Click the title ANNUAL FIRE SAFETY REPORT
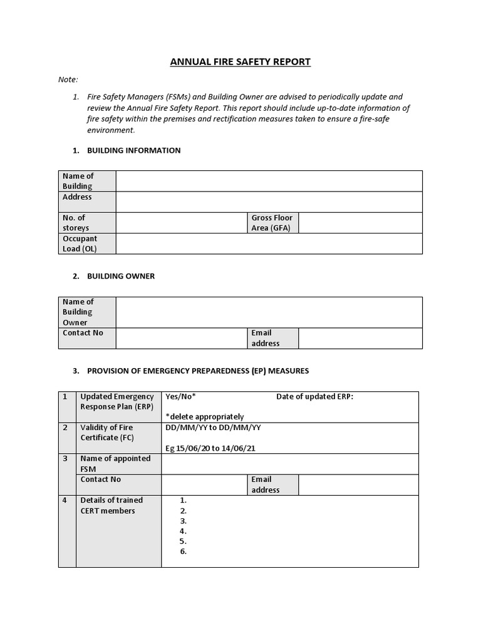[240, 61]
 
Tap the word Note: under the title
[68, 79]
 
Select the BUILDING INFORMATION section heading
[133, 150]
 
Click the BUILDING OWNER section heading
[120, 276]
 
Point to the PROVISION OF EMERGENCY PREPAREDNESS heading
[197, 371]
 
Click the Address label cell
[77, 197]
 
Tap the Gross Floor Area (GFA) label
[272, 223]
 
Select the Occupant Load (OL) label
[80, 244]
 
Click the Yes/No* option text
[180, 396]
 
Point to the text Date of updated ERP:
[314, 396]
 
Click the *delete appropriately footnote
[205, 416]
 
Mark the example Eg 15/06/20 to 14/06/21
[210, 448]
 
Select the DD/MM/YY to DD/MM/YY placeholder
[213, 428]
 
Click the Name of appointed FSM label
[115, 463]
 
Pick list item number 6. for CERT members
[184, 551]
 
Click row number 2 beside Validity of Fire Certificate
[65, 428]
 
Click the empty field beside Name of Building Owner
[269, 312]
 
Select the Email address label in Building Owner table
[266, 338]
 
